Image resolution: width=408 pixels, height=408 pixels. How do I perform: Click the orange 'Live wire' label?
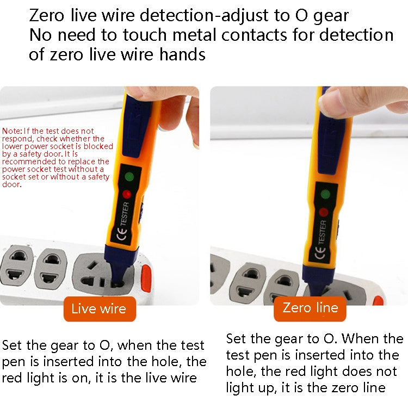(x=98, y=309)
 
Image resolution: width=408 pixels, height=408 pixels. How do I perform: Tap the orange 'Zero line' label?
(x=310, y=308)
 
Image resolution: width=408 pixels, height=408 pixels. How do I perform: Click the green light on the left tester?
(x=129, y=177)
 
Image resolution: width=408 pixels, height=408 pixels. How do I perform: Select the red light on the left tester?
(x=127, y=194)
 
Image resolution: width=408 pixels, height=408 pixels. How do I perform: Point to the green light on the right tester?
(x=325, y=194)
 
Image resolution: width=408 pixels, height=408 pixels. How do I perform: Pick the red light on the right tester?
(x=324, y=213)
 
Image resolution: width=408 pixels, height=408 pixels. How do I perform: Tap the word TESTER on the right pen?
(x=322, y=232)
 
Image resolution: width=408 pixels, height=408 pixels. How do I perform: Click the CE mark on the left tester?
(x=120, y=236)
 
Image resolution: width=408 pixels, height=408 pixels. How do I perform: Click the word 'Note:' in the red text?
(x=12, y=131)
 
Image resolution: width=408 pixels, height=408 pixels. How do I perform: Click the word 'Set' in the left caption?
(x=13, y=345)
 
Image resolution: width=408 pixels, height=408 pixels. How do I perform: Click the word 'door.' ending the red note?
(x=12, y=184)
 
